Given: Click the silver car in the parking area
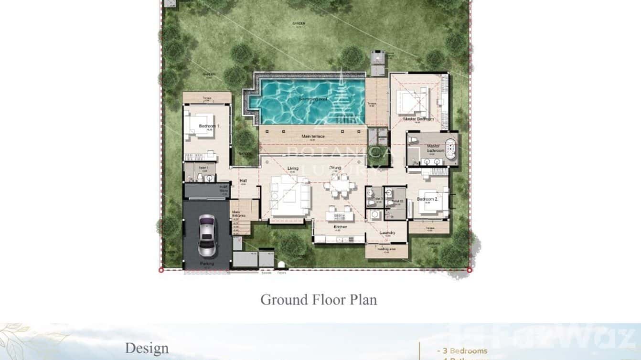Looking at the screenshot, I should [207, 235].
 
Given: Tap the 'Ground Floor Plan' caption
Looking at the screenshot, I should [318, 300].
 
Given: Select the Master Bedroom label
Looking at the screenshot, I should [418, 119].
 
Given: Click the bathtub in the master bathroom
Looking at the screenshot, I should [451, 148].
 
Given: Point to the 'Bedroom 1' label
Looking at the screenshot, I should [209, 126].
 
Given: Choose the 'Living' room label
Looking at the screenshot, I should [292, 168].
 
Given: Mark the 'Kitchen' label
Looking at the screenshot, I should [340, 227].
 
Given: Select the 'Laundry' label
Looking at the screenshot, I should [387, 233].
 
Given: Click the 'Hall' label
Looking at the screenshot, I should [243, 181].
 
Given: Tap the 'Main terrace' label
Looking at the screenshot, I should [313, 137].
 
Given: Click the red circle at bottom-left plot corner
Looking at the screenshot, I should [161, 270].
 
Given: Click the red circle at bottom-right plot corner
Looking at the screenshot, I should [470, 270].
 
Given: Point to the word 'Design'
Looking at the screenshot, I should [147, 348].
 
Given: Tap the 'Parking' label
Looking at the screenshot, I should [207, 264].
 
